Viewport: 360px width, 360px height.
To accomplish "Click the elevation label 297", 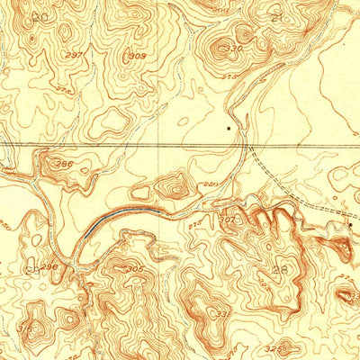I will (x=76, y=56).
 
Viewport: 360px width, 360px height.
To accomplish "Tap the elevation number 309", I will (x=137, y=56).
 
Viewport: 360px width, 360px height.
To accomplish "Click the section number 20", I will (x=38, y=17).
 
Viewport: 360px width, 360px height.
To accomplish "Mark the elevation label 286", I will (x=66, y=165).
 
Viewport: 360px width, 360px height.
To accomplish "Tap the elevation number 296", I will (x=49, y=266).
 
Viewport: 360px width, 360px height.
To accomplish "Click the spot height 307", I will (x=226, y=218).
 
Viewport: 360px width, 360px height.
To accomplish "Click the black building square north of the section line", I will (x=229, y=129).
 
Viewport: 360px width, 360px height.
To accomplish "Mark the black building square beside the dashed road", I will (x=350, y=222).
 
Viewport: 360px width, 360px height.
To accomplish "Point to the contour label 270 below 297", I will (x=63, y=90).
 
